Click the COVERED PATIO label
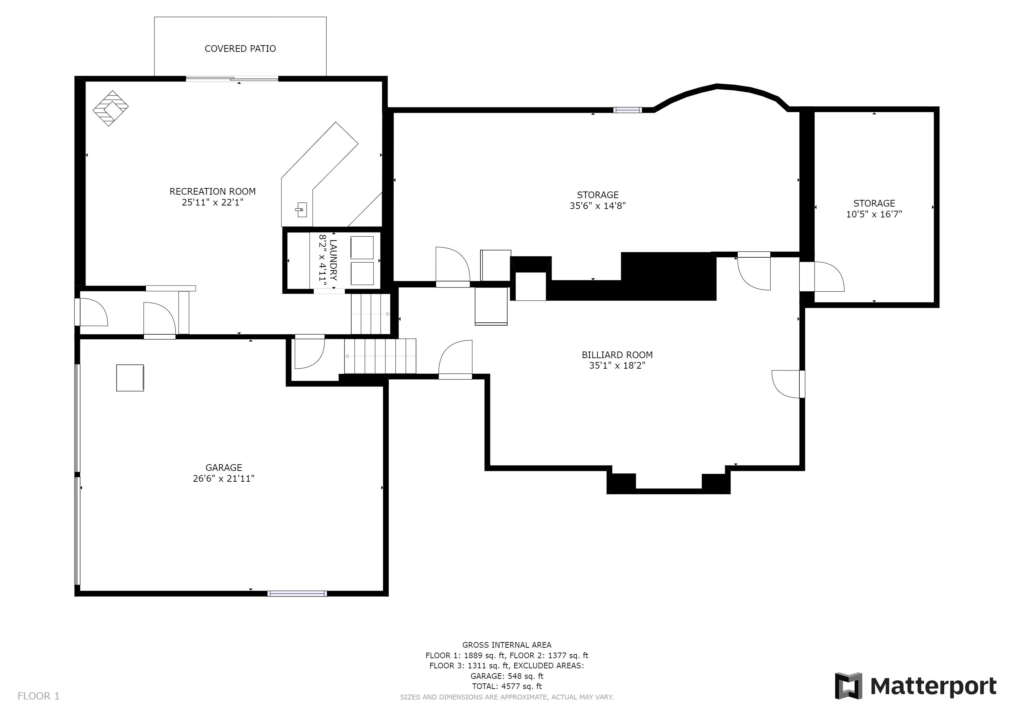[x=240, y=49]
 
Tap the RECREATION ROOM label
[x=213, y=191]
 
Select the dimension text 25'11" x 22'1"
[x=213, y=202]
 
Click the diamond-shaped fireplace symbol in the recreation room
[x=110, y=108]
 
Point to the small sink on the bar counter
[x=301, y=210]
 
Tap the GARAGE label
[x=223, y=467]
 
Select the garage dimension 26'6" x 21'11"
[x=223, y=479]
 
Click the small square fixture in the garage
[x=130, y=377]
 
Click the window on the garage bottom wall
[x=297, y=593]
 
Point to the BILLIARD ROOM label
[x=617, y=355]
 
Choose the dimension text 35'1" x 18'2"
[x=617, y=366]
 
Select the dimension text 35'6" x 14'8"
[x=598, y=206]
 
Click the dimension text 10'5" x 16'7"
[x=874, y=214]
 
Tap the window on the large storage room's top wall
[x=627, y=110]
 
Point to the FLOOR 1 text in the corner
[x=39, y=696]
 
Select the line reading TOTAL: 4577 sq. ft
[x=507, y=686]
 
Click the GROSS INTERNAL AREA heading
[x=507, y=645]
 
